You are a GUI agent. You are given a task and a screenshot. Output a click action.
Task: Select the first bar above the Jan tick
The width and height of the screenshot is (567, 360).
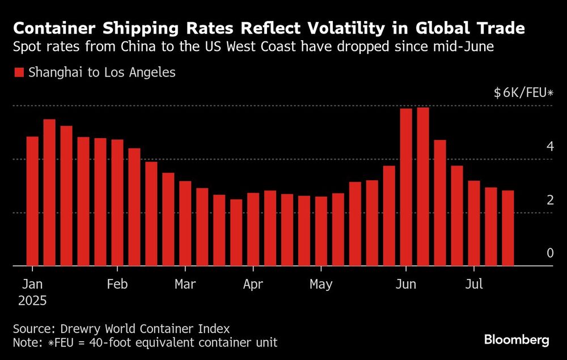pyautogui.click(x=32, y=201)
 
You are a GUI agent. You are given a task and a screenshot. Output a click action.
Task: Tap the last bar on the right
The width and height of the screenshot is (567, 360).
pyautogui.click(x=508, y=228)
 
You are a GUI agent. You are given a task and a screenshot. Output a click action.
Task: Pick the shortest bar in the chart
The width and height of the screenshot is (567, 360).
pyautogui.click(x=236, y=232)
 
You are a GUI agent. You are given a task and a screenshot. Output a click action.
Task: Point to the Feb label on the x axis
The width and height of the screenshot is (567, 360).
pyautogui.click(x=117, y=285)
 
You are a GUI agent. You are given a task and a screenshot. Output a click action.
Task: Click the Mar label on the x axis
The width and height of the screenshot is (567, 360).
pyautogui.click(x=185, y=285)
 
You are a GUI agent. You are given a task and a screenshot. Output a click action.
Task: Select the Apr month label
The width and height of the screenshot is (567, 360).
pyautogui.click(x=253, y=285)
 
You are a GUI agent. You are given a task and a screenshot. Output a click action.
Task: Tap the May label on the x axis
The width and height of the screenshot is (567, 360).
pyautogui.click(x=321, y=285)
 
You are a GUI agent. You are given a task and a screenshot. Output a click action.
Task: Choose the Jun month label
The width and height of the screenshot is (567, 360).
pyautogui.click(x=406, y=285)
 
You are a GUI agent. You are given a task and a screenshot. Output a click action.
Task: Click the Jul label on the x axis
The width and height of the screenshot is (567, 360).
pyautogui.click(x=474, y=285)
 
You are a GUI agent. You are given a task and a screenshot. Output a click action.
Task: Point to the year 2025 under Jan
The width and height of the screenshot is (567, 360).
pyautogui.click(x=32, y=300)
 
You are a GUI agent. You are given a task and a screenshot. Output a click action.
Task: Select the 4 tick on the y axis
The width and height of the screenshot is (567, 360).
pyautogui.click(x=549, y=146)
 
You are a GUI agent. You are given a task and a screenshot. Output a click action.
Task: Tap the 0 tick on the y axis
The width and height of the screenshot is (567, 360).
pyautogui.click(x=549, y=253)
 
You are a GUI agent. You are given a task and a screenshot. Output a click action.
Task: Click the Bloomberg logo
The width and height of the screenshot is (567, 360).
pyautogui.click(x=517, y=340)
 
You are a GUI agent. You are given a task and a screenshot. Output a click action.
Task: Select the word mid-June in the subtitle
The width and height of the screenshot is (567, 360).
pyautogui.click(x=467, y=47)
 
